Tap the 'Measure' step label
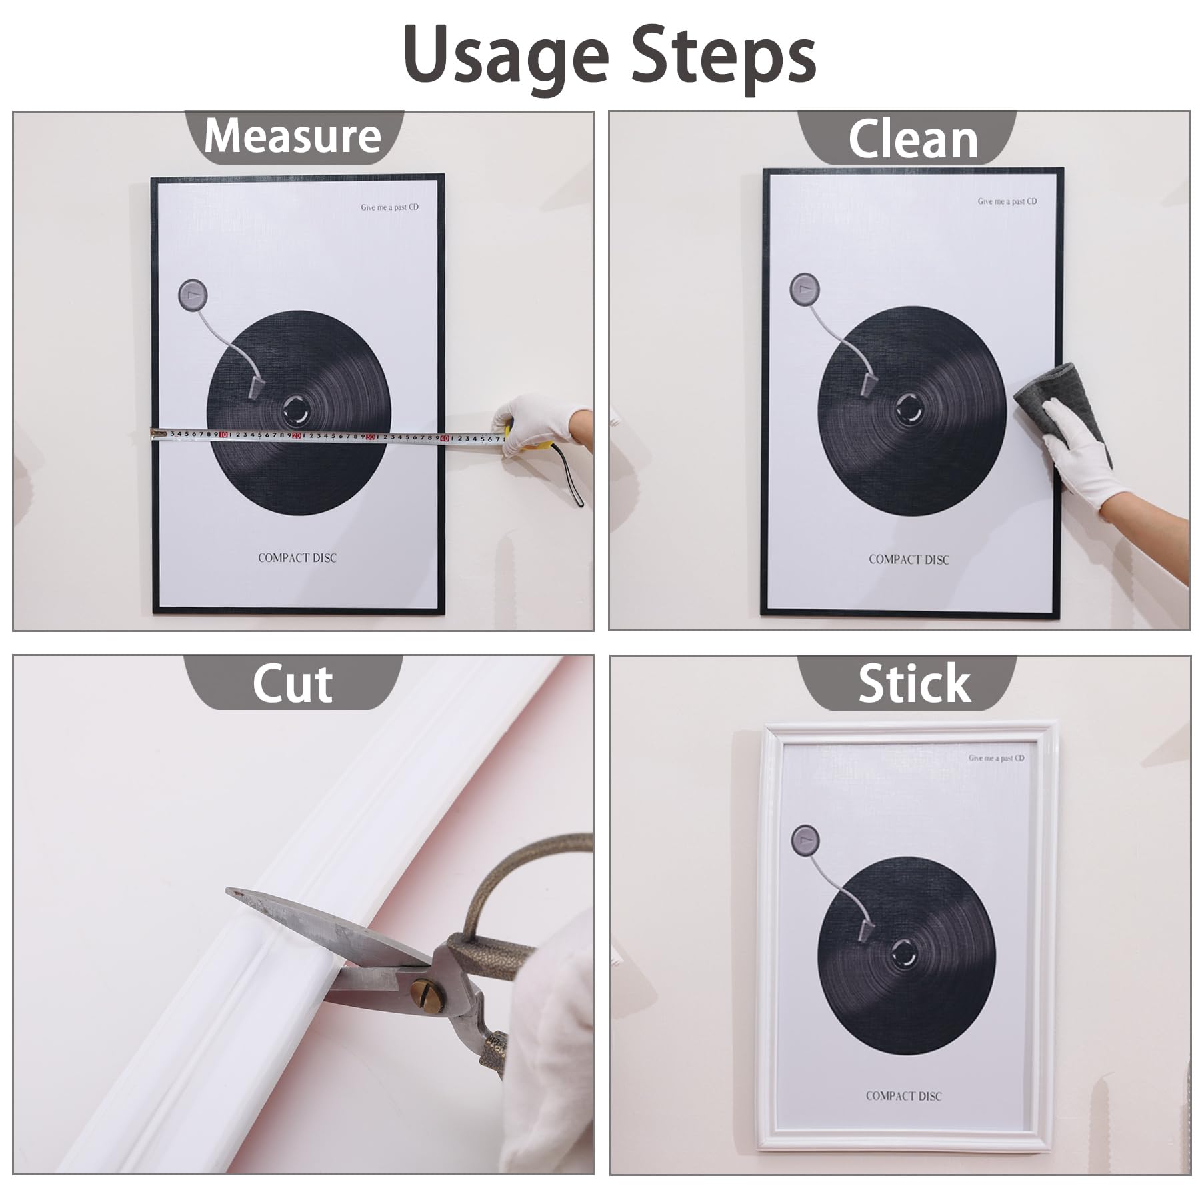pyautogui.click(x=293, y=136)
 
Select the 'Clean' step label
pyautogui.click(x=913, y=139)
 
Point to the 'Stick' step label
pyautogui.click(x=914, y=683)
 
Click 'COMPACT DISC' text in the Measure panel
pyautogui.click(x=297, y=557)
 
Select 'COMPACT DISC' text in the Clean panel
pyautogui.click(x=909, y=559)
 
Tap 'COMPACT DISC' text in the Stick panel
pyautogui.click(x=903, y=1095)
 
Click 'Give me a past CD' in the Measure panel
pyautogui.click(x=389, y=207)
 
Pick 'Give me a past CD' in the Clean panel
pyautogui.click(x=1007, y=201)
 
